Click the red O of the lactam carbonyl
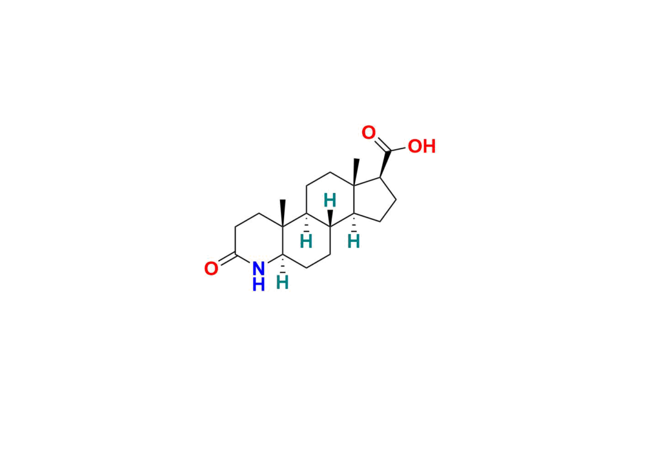(x=211, y=268)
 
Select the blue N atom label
(x=258, y=268)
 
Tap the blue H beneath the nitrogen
(x=258, y=285)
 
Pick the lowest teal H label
(x=282, y=283)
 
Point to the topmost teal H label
(x=330, y=201)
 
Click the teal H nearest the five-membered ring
(x=353, y=242)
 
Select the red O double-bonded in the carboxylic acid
(x=369, y=133)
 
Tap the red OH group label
(x=422, y=146)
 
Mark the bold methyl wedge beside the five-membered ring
(x=356, y=172)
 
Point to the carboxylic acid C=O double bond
(x=382, y=145)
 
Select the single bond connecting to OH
(x=398, y=149)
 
